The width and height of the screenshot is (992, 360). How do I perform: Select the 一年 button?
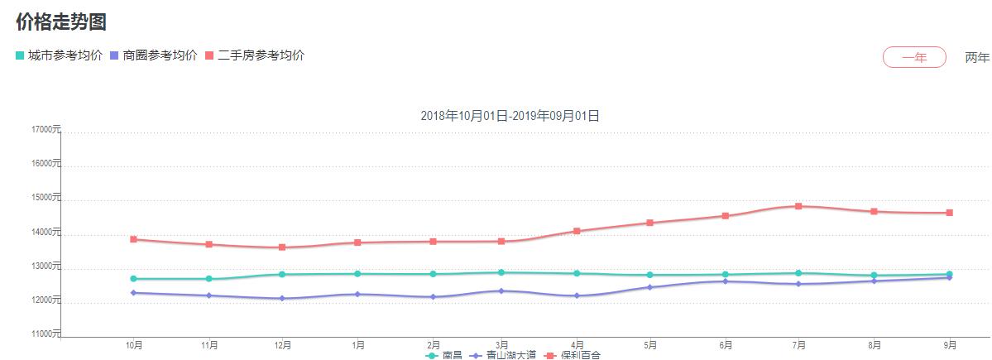pos(914,57)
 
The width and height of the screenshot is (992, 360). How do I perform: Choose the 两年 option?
pos(976,57)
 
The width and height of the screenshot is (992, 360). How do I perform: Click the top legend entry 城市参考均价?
pos(59,55)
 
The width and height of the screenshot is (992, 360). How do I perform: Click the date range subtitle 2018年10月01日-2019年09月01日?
pos(510,116)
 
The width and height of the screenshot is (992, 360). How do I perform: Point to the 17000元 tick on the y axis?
pos(46,130)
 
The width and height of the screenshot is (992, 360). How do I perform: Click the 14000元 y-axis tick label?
pos(46,233)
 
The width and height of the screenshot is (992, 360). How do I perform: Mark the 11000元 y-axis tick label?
pos(46,334)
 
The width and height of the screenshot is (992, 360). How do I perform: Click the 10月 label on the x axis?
pos(133,344)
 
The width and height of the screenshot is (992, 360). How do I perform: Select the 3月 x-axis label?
pos(501,344)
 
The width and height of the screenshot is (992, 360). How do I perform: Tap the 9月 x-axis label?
pos(950,344)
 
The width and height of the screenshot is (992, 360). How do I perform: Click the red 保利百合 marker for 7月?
pos(798,206)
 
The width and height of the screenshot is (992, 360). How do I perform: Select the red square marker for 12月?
pos(282,247)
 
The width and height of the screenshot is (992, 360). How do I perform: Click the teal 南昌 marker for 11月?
pos(208,279)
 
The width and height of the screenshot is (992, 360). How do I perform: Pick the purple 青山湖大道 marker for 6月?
pos(726,281)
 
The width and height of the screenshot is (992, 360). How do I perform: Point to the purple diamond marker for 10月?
pos(133,293)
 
